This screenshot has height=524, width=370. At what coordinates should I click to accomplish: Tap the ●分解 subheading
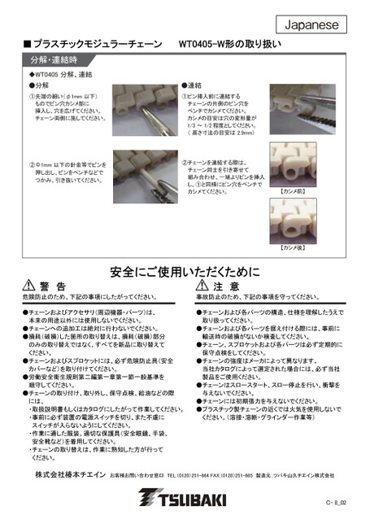point(39,85)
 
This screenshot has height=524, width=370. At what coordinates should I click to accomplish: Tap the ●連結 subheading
point(193,85)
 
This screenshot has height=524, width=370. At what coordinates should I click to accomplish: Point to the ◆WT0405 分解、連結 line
point(58,74)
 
